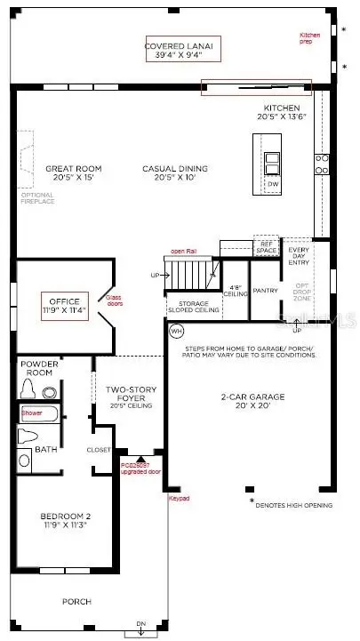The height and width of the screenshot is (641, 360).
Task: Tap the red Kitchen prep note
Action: (x=311, y=38)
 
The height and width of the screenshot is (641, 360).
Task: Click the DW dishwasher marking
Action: (x=272, y=184)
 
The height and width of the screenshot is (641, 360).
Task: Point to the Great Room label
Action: (x=75, y=173)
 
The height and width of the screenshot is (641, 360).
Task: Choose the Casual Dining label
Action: (x=175, y=173)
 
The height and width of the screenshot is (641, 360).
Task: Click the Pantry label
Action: (x=266, y=290)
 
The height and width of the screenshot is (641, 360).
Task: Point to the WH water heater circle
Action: (x=176, y=331)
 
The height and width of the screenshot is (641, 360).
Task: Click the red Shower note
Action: (x=32, y=413)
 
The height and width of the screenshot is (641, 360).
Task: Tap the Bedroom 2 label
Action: (x=63, y=522)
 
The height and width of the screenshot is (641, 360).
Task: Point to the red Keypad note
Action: (x=179, y=498)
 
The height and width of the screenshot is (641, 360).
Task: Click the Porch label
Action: (x=76, y=602)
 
